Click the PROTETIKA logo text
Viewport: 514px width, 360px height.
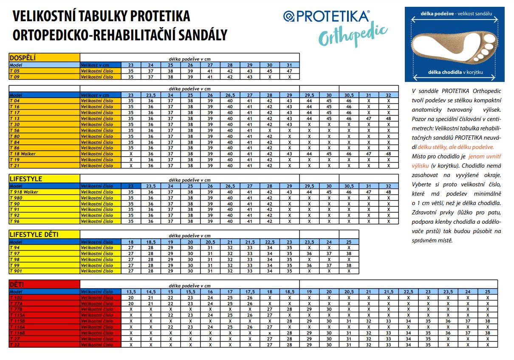coord(331,16)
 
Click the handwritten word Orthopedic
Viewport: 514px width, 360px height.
coord(353,34)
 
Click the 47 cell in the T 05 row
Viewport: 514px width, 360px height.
coord(289,71)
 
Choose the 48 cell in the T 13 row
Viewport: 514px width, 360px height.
coord(388,118)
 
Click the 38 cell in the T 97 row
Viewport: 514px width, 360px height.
coord(349,253)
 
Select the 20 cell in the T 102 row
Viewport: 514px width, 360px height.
coord(131,298)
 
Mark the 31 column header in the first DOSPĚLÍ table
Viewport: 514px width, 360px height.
coord(289,65)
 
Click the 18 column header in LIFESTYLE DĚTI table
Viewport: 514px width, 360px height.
coord(131,242)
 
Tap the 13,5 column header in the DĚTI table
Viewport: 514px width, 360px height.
coord(131,292)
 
